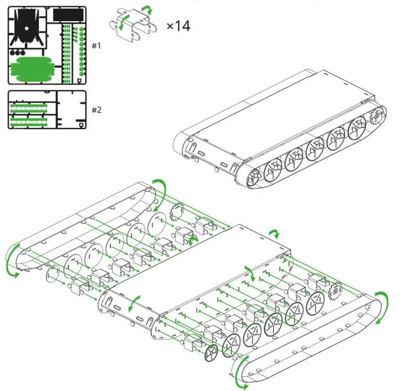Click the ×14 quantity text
[178, 26]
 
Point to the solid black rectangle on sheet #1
[68, 14]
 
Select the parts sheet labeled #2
[47, 110]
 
